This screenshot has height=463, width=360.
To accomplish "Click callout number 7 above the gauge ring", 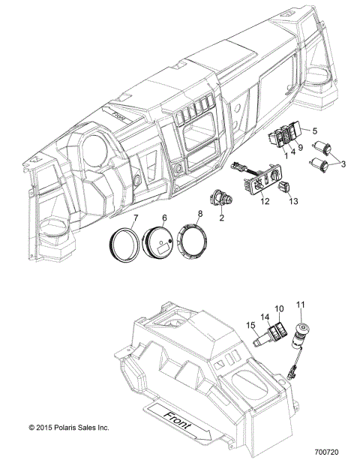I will tap(136, 218).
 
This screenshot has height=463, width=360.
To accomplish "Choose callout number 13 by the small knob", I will tap(293, 201).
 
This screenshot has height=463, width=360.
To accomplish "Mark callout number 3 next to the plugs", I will tap(343, 163).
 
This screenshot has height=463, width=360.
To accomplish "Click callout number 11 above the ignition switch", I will tap(301, 303).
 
